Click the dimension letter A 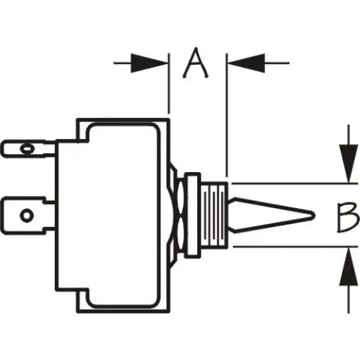[195, 63]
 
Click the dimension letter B [348, 217]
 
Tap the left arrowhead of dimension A [150, 63]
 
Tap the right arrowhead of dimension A [246, 63]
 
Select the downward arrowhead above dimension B [348, 163]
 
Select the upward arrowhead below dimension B [348, 266]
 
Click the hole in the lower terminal [27, 214]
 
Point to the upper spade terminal [28, 149]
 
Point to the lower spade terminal [28, 215]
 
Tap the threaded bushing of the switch [214, 215]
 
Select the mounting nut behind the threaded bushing [192, 215]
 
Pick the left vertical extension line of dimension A [169, 84]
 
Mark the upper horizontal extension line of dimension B [294, 184]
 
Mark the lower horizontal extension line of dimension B [295, 246]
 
